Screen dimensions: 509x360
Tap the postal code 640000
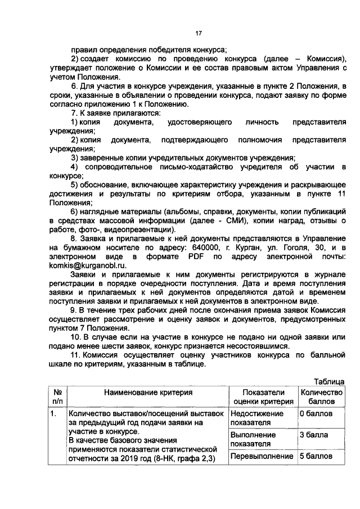[206, 247]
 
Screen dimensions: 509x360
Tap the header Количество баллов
[321, 397]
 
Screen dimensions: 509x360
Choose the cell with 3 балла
[312, 435]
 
